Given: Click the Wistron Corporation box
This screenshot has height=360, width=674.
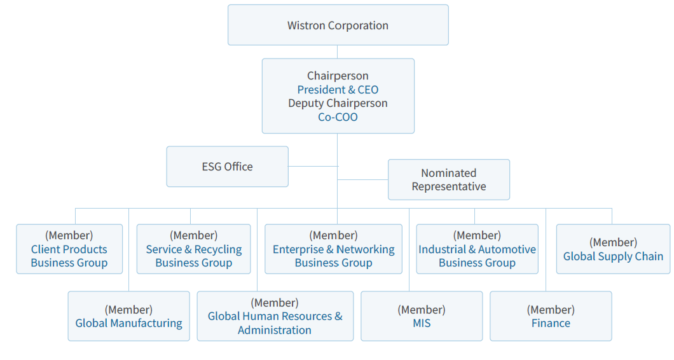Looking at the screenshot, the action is click(338, 25).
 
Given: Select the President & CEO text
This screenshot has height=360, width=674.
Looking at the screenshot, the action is click(338, 90).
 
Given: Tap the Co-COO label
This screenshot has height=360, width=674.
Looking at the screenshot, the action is click(338, 117).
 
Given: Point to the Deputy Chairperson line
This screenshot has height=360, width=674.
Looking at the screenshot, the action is click(338, 103).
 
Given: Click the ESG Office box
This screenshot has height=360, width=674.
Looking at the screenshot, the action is click(228, 167).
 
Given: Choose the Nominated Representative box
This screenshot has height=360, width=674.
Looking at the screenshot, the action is click(449, 180).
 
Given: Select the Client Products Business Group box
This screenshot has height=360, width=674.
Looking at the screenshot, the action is click(69, 249).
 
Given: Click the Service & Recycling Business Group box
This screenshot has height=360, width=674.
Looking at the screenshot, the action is click(193, 249).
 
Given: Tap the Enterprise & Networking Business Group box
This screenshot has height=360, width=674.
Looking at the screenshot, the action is click(334, 249).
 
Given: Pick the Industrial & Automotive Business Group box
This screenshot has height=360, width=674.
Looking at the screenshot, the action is click(477, 249).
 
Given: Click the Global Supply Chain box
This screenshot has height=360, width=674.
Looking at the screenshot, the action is click(613, 249).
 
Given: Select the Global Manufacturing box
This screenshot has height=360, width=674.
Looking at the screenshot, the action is click(128, 316).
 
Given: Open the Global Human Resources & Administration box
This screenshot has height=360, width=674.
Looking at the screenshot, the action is click(275, 316).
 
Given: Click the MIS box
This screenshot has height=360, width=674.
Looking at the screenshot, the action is click(422, 316).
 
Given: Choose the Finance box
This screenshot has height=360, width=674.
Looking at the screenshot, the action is click(551, 316).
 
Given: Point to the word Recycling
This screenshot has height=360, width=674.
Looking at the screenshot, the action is click(218, 250).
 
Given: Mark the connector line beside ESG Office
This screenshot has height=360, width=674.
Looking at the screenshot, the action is click(313, 167).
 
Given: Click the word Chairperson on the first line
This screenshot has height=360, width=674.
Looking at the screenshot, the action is click(338, 76).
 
